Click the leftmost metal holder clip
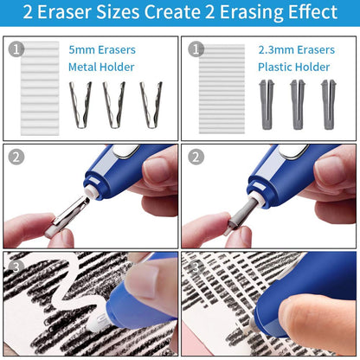80,104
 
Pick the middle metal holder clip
114,104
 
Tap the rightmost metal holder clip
150,104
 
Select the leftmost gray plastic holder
266,104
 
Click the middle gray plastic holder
297,104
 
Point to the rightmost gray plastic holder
328,104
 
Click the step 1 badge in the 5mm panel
16,48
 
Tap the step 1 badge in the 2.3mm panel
196,48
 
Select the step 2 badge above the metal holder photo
16,157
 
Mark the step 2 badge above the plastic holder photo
196,157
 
